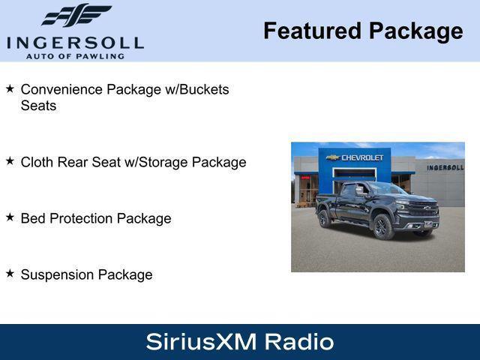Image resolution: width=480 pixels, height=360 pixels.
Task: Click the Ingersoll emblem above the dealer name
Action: (76, 15)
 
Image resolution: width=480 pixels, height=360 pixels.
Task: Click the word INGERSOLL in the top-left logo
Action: (75, 42)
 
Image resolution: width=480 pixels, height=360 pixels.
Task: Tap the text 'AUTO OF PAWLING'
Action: (75, 56)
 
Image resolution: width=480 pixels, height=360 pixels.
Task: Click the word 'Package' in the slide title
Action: (415, 31)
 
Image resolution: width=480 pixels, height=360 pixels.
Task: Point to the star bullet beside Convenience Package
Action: (10, 88)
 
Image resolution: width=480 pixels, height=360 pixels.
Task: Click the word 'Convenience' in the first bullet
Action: (61, 89)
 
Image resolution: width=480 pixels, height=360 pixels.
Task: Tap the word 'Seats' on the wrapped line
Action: (38, 106)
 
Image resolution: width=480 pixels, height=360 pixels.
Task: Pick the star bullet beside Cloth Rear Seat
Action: (10, 160)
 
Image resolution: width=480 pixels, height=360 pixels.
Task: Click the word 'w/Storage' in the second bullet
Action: (156, 162)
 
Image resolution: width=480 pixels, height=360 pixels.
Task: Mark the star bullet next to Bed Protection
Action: (10, 217)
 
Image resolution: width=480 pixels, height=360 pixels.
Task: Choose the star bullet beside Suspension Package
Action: (10, 273)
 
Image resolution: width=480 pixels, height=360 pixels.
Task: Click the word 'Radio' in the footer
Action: (298, 342)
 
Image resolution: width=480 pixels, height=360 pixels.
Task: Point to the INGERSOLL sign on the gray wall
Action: (445, 167)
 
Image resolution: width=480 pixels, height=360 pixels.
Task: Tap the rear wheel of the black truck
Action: (324, 218)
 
